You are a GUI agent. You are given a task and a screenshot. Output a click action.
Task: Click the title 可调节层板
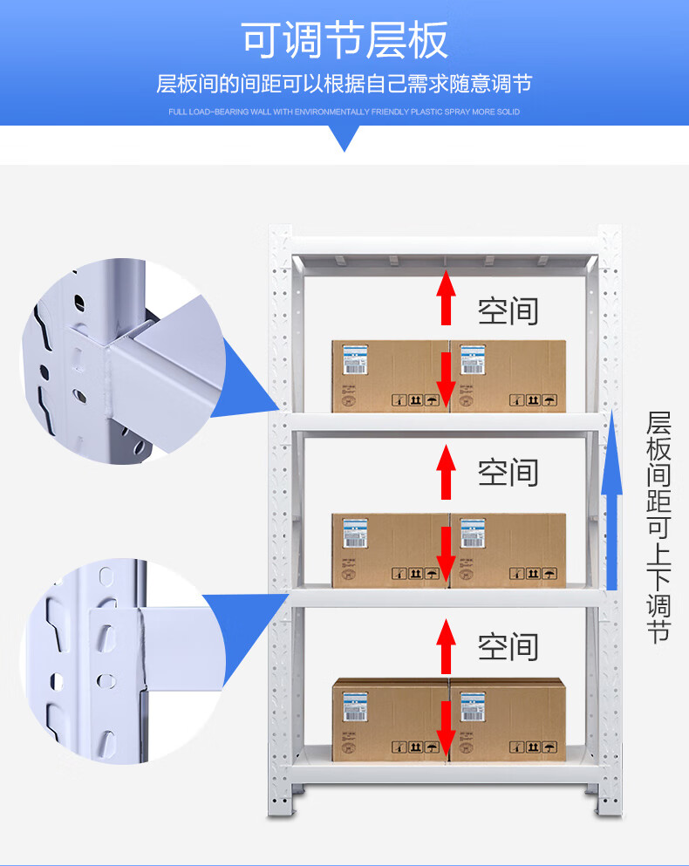pyautogui.click(x=344, y=40)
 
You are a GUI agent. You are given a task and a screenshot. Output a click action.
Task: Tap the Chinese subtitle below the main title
pyautogui.click(x=344, y=85)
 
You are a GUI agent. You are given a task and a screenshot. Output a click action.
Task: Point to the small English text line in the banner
pyautogui.click(x=344, y=113)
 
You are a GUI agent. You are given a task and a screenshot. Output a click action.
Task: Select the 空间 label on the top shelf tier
pyautogui.click(x=508, y=310)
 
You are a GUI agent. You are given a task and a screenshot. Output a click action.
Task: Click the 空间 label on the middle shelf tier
pyautogui.click(x=508, y=472)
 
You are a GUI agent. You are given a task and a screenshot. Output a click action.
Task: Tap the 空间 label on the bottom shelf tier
pyautogui.click(x=508, y=646)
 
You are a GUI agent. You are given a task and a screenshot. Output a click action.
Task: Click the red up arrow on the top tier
pyautogui.click(x=447, y=297)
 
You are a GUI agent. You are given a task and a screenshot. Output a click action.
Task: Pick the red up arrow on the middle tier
pyautogui.click(x=447, y=472)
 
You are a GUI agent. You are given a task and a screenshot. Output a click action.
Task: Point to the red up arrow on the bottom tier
pyautogui.click(x=447, y=645)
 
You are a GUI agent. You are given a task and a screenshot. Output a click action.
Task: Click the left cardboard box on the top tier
pyautogui.click(x=390, y=375)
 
